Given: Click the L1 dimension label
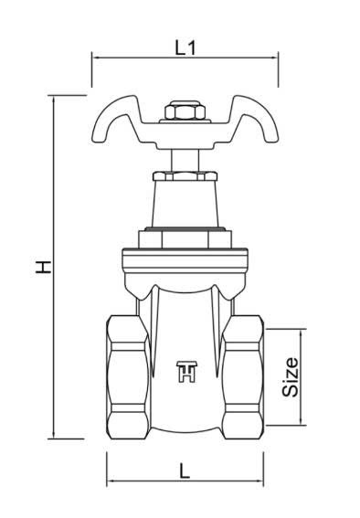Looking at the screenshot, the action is (185, 48).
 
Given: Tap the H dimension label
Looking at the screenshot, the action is (43, 267).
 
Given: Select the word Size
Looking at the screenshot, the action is (291, 377).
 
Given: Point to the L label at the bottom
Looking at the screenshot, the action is (185, 470).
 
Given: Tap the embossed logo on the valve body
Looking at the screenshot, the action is (187, 372).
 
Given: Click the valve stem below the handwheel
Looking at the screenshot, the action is (185, 161).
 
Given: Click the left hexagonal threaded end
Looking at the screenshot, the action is (128, 377).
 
